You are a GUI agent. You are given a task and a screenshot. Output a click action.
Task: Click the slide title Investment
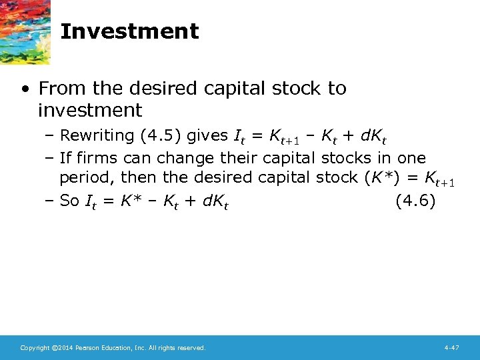[x=129, y=31]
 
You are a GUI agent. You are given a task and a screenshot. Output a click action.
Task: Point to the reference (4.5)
[x=160, y=136]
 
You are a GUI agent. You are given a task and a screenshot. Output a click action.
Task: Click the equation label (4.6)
[x=415, y=201]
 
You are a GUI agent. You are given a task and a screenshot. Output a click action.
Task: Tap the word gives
[x=207, y=136]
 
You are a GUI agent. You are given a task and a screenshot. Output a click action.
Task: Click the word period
[x=81, y=179]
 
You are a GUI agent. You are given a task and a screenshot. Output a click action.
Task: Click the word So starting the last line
[x=69, y=201]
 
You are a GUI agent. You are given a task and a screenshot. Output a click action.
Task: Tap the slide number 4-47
[x=452, y=348]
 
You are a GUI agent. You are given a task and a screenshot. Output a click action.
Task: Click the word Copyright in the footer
[x=35, y=348]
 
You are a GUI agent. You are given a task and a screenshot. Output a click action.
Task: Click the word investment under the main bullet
[x=90, y=110]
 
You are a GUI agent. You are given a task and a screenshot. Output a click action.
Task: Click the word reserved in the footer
[x=192, y=348]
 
